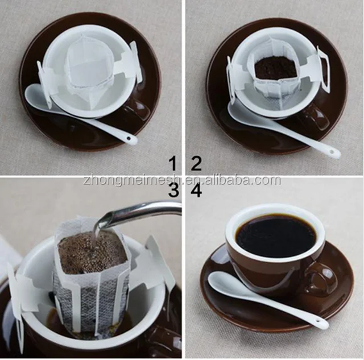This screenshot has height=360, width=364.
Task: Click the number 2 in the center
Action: click(196, 164)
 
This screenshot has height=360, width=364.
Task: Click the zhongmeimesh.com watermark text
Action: click(181, 180)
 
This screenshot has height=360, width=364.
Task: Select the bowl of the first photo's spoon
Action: click(40, 98)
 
